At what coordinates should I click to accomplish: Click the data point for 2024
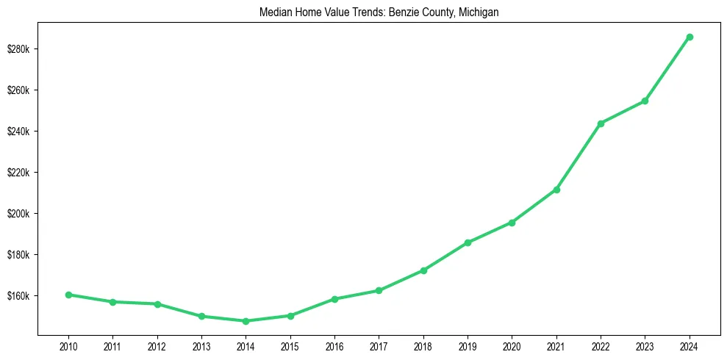click(690, 37)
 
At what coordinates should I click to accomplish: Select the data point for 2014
click(246, 321)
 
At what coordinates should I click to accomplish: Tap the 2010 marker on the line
click(68, 295)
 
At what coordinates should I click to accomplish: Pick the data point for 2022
click(601, 123)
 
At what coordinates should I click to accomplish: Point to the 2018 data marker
click(423, 270)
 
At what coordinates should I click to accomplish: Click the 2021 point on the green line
click(556, 190)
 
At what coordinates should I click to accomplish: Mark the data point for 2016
click(334, 299)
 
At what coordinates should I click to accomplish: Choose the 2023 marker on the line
click(645, 101)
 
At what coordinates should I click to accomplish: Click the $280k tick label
click(18, 49)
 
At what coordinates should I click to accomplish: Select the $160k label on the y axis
click(18, 296)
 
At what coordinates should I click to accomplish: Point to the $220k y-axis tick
click(18, 173)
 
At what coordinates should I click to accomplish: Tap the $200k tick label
click(18, 214)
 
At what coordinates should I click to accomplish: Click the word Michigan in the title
click(479, 12)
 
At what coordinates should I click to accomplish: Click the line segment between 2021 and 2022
click(579, 156)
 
